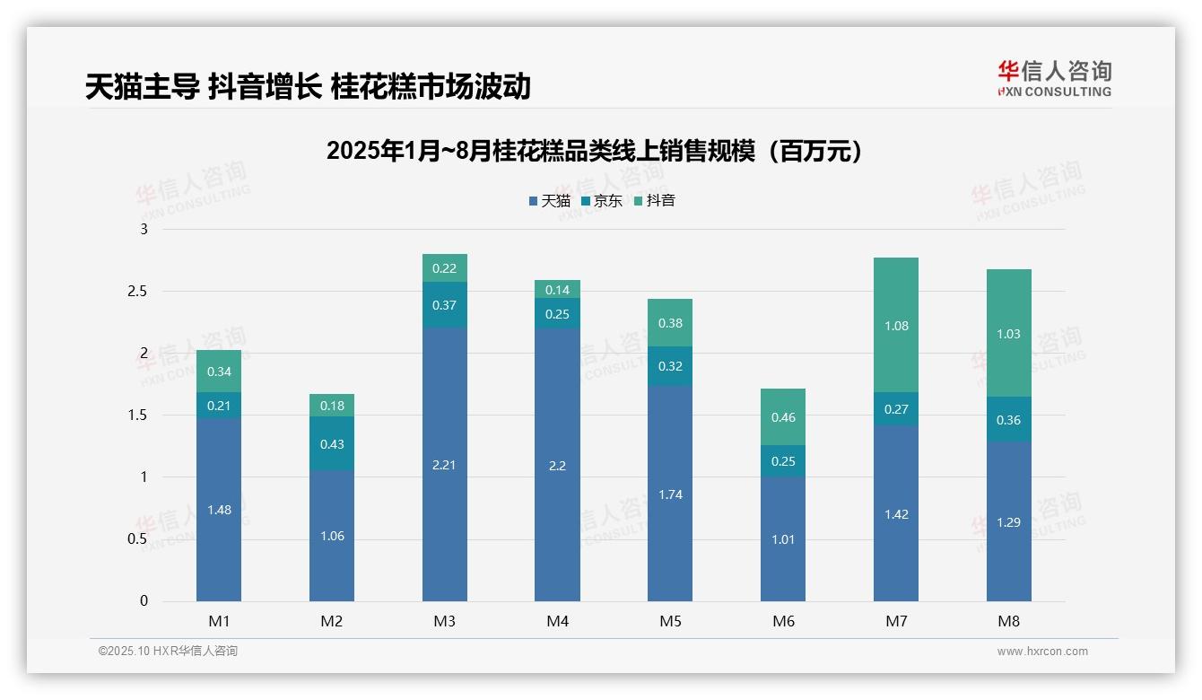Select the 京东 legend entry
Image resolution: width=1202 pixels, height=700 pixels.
coord(601,201)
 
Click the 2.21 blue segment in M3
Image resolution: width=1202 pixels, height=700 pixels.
coord(444,465)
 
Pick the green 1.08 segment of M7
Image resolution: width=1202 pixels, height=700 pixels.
coord(895,326)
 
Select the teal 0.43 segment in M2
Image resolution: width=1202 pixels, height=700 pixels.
coord(332,444)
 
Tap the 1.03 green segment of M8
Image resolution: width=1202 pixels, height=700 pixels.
coord(1008,334)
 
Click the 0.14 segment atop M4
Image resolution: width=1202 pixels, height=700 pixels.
coord(557,290)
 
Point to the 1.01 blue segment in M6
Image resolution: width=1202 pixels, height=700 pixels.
coord(783,539)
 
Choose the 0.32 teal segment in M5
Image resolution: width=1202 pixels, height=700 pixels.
coord(670,366)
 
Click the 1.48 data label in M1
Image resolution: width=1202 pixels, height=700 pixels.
coord(219,510)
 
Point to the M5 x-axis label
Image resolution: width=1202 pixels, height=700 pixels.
coord(670,621)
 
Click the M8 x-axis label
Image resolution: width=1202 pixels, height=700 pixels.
coord(1008,621)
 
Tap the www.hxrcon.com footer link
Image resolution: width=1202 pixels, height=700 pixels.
coord(1042,652)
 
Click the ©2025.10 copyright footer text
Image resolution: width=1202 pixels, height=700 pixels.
coord(168,652)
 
